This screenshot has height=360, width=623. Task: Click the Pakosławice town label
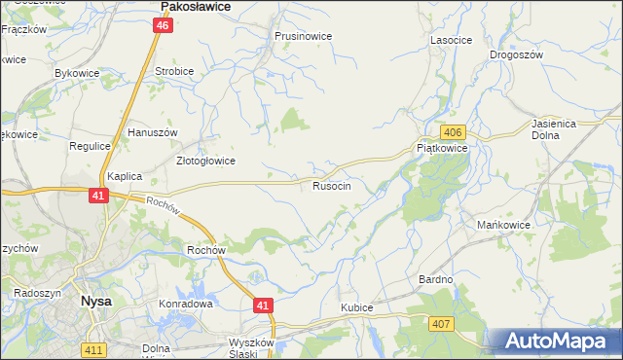click(194, 6)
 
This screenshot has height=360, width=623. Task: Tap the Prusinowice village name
click(303, 36)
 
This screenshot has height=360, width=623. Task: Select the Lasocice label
click(451, 41)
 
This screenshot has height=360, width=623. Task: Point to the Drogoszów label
click(516, 55)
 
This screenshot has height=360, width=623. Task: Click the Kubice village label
click(357, 307)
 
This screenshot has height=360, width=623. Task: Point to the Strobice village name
click(175, 72)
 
